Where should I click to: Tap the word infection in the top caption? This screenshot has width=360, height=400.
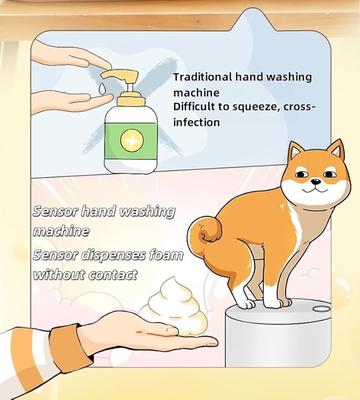196,122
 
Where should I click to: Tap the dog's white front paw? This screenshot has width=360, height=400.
245,304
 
